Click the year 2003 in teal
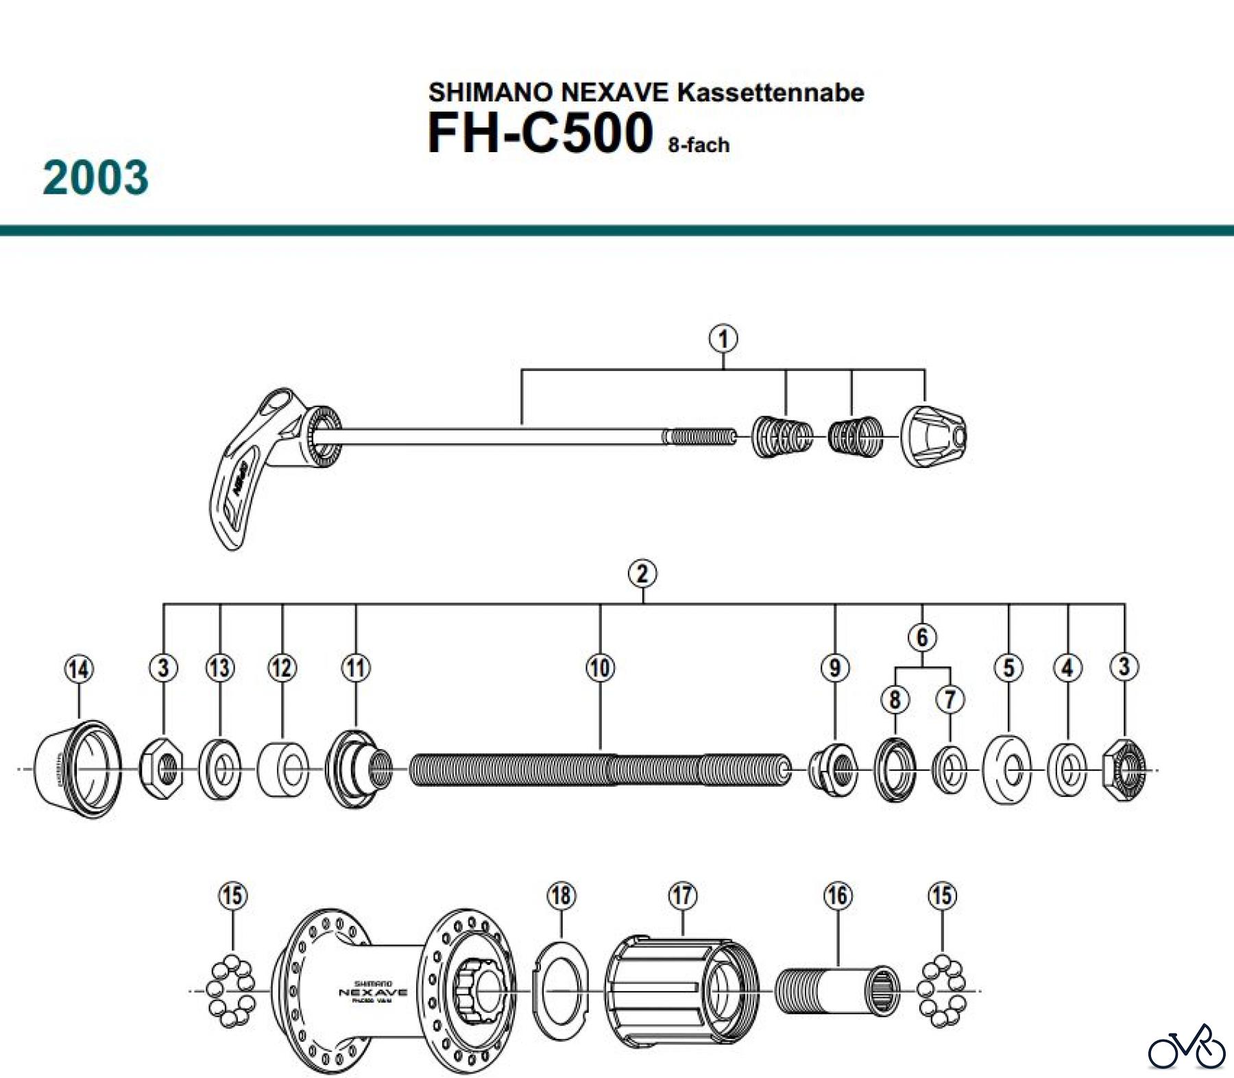pos(95,177)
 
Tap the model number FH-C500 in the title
pos(540,133)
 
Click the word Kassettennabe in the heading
pos(771,93)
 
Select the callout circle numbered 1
pos(723,339)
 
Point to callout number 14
pos(79,669)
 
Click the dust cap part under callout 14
pos(77,770)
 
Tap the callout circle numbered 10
pos(600,667)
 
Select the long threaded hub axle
pos(600,770)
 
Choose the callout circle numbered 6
pos(922,637)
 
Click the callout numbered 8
pos(895,700)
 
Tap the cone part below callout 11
pos(356,769)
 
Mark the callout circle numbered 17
pos(683,896)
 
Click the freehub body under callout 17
pos(682,990)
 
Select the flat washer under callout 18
pos(561,990)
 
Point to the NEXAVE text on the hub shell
pos(373,992)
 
